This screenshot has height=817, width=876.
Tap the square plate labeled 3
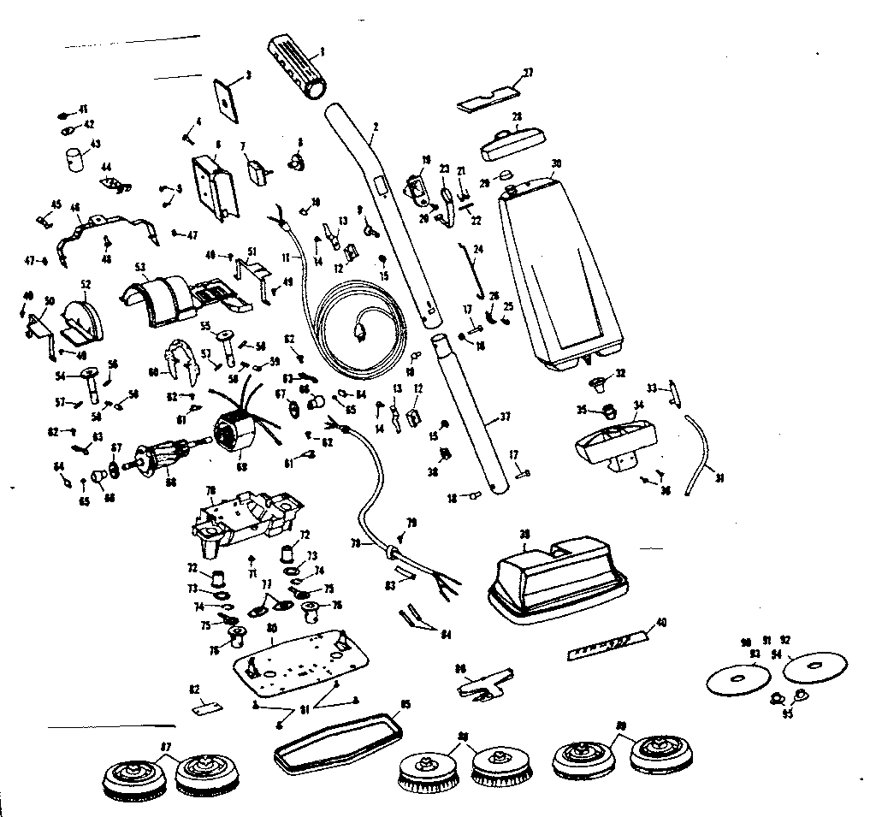pyautogui.click(x=225, y=97)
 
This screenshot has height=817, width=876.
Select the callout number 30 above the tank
pyautogui.click(x=556, y=163)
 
